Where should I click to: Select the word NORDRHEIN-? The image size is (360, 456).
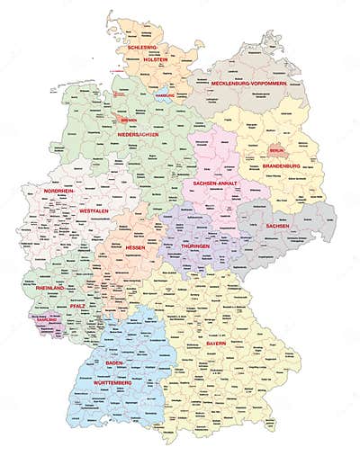tap(62, 191)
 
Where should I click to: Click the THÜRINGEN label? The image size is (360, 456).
tap(196, 246)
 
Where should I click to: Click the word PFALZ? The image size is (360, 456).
tap(76, 306)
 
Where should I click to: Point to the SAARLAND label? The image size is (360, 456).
tap(47, 320)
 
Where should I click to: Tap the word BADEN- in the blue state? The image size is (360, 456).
tap(115, 362)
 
